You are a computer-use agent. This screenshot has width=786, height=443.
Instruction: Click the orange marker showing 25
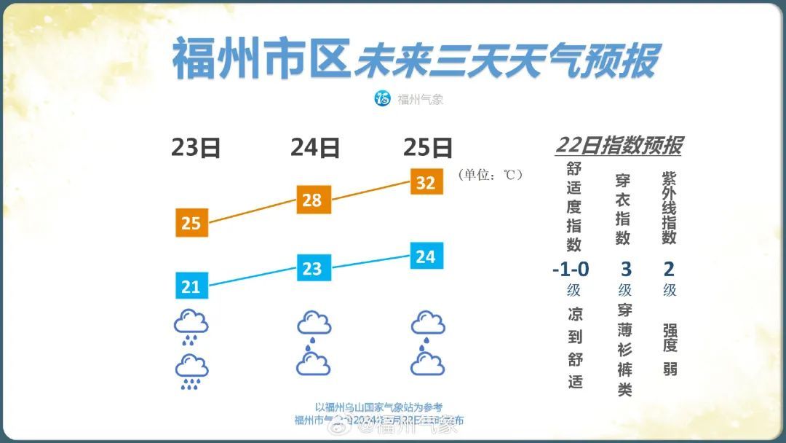pyautogui.click(x=191, y=222)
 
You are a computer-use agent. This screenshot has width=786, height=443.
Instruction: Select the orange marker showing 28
pyautogui.click(x=312, y=200)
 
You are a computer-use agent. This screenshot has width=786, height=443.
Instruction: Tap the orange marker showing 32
pyautogui.click(x=426, y=182)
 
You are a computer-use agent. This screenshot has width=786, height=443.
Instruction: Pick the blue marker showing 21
pyautogui.click(x=191, y=286)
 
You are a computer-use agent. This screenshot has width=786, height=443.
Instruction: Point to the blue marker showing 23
pyautogui.click(x=312, y=268)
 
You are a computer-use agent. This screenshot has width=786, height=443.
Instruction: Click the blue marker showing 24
pyautogui.click(x=426, y=256)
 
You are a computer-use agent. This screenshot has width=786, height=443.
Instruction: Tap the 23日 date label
pyautogui.click(x=196, y=148)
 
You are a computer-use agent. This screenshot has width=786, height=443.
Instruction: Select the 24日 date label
pyautogui.click(x=314, y=148)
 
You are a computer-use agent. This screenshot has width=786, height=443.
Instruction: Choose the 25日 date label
pyautogui.click(x=427, y=148)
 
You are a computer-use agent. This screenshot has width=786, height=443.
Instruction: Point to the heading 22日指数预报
pyautogui.click(x=618, y=145)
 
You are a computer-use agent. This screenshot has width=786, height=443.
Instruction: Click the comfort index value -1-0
pyautogui.click(x=571, y=270)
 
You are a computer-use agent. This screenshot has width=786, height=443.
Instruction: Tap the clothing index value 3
pyautogui.click(x=625, y=270)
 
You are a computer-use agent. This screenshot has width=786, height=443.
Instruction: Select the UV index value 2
pyautogui.click(x=669, y=270)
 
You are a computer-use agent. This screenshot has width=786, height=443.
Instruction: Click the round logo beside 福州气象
pyautogui.click(x=383, y=98)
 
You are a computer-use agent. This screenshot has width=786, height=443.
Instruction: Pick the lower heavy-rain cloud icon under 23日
pyautogui.click(x=191, y=369)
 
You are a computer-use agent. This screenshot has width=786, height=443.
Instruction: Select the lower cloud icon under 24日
pyautogui.click(x=314, y=361)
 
